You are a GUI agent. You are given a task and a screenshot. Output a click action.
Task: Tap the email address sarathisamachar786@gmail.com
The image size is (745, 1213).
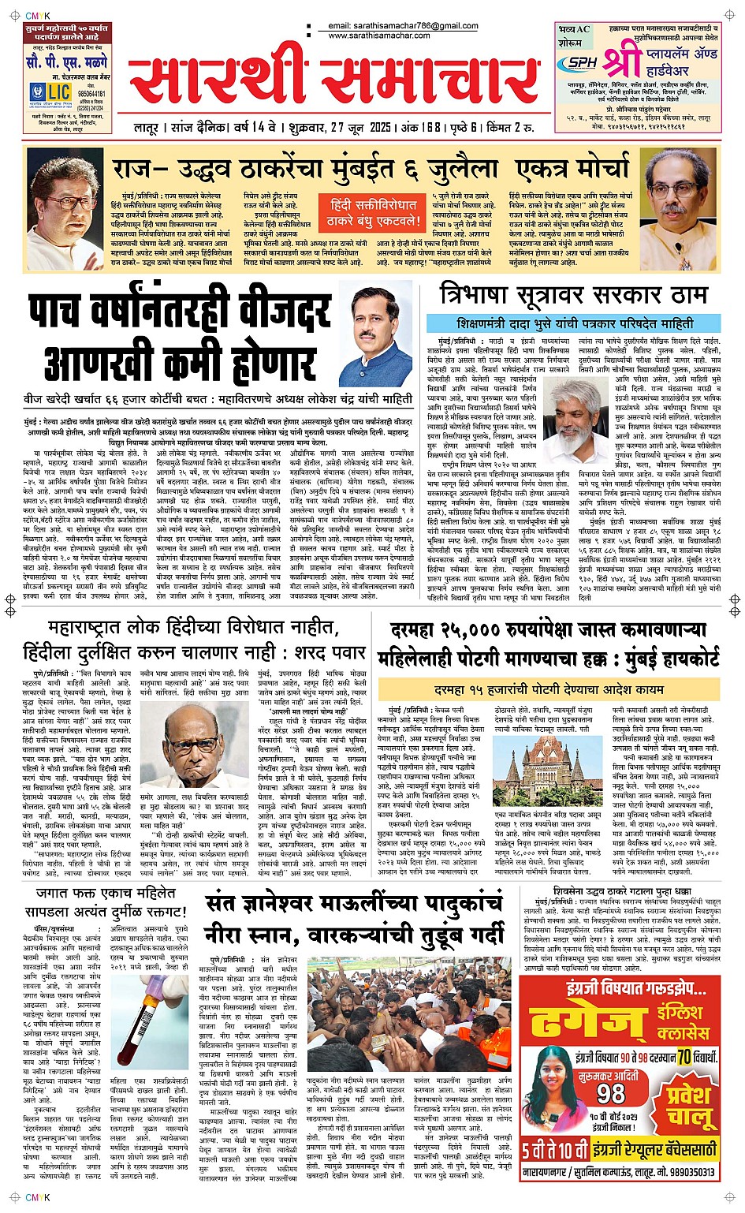pos(403,26)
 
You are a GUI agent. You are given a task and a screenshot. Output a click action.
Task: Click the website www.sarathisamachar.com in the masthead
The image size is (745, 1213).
pos(379,35)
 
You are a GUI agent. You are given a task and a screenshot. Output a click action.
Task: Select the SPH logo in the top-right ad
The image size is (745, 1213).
pos(582,63)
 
